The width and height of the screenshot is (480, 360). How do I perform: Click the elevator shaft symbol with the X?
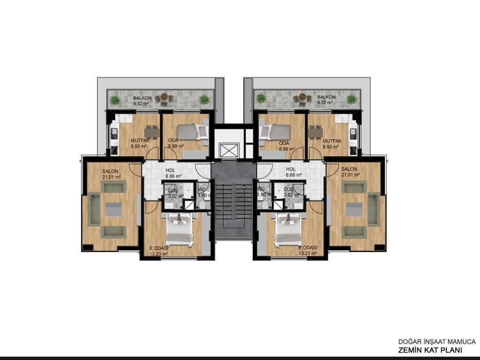[229, 150]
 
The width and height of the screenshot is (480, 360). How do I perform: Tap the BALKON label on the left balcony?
[142, 98]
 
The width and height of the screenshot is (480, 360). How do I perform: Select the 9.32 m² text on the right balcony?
[325, 103]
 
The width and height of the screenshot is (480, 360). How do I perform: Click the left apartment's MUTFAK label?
[140, 141]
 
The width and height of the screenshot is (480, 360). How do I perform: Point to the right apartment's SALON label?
[349, 169]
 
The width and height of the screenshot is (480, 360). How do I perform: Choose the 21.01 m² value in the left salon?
[112, 177]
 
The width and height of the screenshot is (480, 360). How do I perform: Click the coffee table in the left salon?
[113, 210]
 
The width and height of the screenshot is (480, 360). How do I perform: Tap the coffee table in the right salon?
[354, 210]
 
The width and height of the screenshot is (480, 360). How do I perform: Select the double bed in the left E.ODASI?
[180, 229]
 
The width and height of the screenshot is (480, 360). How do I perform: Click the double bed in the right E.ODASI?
[288, 229]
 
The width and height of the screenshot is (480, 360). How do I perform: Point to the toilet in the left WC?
[202, 204]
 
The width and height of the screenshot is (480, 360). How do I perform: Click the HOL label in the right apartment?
[291, 169]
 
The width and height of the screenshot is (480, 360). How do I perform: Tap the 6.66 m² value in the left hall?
[173, 176]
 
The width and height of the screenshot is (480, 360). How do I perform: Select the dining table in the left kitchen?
[151, 133]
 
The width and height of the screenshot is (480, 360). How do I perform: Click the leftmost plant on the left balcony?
[115, 100]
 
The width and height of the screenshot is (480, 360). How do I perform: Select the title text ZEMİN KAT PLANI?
[430, 350]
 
